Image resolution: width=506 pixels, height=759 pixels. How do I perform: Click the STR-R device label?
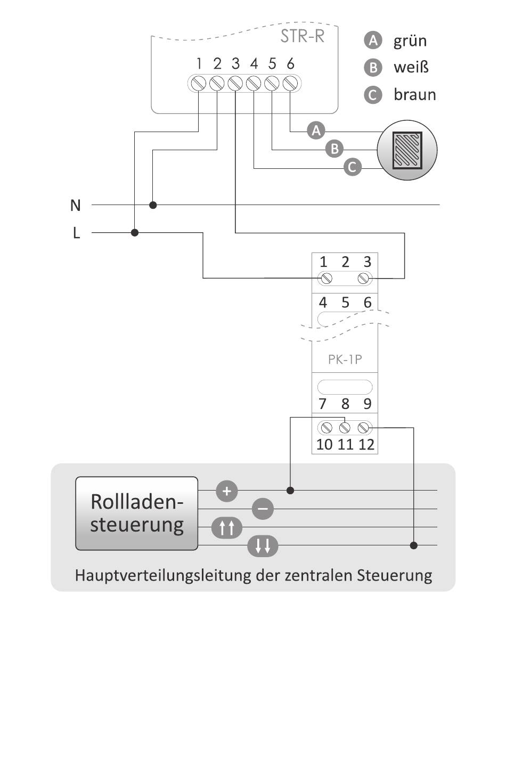pos(303,37)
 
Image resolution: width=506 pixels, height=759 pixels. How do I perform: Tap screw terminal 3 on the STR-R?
pos(235,83)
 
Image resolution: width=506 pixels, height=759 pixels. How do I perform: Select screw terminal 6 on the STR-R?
pos(290,83)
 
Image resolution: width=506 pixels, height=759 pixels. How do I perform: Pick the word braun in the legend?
pos(415,94)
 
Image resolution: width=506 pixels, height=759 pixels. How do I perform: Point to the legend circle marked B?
pos(373,68)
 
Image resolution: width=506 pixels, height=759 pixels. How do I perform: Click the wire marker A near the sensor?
pos(316,130)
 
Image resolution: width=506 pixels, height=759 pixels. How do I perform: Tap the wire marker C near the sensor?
pos(353,167)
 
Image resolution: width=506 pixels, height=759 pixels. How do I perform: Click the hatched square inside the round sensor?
pos(407,150)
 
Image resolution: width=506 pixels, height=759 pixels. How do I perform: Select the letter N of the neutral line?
pos(75,206)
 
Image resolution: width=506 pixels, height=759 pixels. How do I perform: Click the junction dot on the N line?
pos(153,205)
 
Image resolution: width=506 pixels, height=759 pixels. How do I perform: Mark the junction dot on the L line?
pos(135,233)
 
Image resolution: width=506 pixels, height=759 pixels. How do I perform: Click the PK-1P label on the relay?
pos(345,359)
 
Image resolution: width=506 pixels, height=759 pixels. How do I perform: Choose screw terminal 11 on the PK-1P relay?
pos(345,428)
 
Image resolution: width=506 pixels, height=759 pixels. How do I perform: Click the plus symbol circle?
pos(227,491)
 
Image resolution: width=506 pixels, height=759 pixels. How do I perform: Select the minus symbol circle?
pos(263,509)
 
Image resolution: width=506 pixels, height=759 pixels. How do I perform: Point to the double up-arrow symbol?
pos(227,528)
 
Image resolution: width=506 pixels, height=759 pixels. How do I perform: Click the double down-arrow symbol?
pos(263,546)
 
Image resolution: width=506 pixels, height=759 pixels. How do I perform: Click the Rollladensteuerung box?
pos(136,513)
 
